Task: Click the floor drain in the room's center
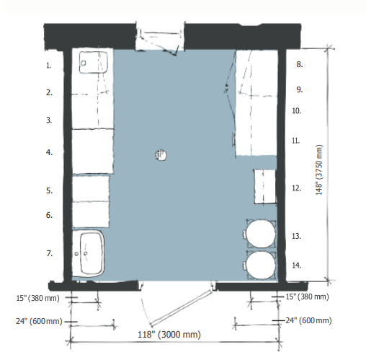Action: point(161,155)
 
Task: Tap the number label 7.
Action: point(50,253)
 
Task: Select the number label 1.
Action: point(49,66)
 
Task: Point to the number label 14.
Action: point(297,265)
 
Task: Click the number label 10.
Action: point(297,111)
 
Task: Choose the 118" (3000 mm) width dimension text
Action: point(169,335)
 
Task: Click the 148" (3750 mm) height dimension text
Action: point(319,170)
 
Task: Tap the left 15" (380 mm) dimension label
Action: point(37,298)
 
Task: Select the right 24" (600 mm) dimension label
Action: point(308,320)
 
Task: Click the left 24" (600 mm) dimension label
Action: point(39,321)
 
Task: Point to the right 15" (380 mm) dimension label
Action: point(307,297)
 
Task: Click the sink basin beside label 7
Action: point(89,253)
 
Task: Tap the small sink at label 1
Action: point(94,62)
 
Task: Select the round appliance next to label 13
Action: point(261,234)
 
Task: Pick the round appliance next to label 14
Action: point(261,265)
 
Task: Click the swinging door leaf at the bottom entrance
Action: point(182,308)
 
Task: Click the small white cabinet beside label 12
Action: point(265,186)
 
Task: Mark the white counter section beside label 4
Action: point(93,152)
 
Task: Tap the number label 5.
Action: point(50,190)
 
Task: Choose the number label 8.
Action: point(300,64)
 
